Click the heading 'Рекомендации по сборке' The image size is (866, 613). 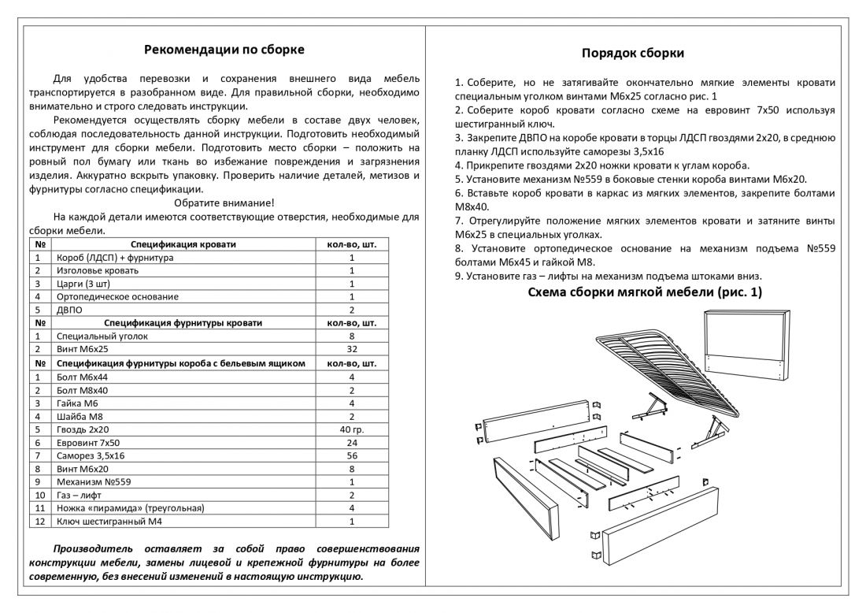(x=224, y=50)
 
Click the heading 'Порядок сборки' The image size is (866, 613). (x=632, y=54)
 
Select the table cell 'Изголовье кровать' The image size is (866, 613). (x=98, y=270)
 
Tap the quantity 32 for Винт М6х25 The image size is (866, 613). (x=352, y=349)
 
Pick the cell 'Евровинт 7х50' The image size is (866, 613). (x=88, y=442)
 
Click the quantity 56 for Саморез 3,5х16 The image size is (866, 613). (x=352, y=455)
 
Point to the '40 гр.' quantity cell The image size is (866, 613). (x=352, y=429)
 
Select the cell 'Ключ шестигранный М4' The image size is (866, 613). (x=107, y=522)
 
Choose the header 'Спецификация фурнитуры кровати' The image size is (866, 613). (x=183, y=323)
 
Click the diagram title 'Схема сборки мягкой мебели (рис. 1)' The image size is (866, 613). (x=644, y=293)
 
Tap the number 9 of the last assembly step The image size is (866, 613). (x=459, y=276)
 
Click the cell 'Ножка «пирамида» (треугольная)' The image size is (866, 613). (x=131, y=508)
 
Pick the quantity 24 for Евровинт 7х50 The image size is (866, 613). (x=352, y=442)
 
